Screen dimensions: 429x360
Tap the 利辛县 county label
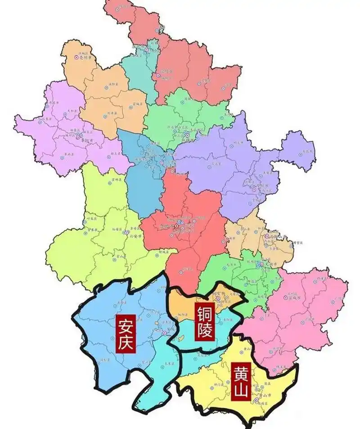click(111, 113)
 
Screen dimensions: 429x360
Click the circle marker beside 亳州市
click(76, 57)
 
